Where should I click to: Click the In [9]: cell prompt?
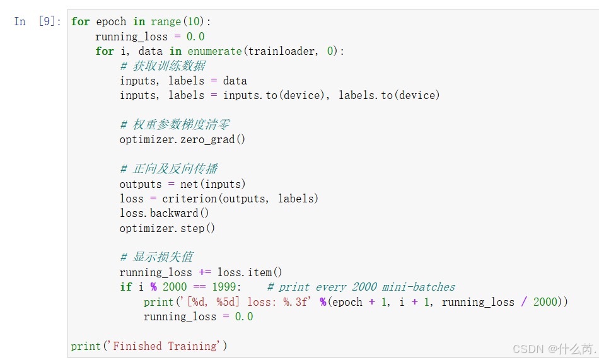[37, 21]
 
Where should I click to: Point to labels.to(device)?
[389, 95]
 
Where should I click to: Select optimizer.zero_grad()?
[182, 139]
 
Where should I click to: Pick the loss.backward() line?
[164, 213]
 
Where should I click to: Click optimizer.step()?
[167, 228]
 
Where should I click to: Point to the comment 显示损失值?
[158, 257]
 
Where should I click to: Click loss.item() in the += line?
[250, 272]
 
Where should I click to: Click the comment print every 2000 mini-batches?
[361, 287]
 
